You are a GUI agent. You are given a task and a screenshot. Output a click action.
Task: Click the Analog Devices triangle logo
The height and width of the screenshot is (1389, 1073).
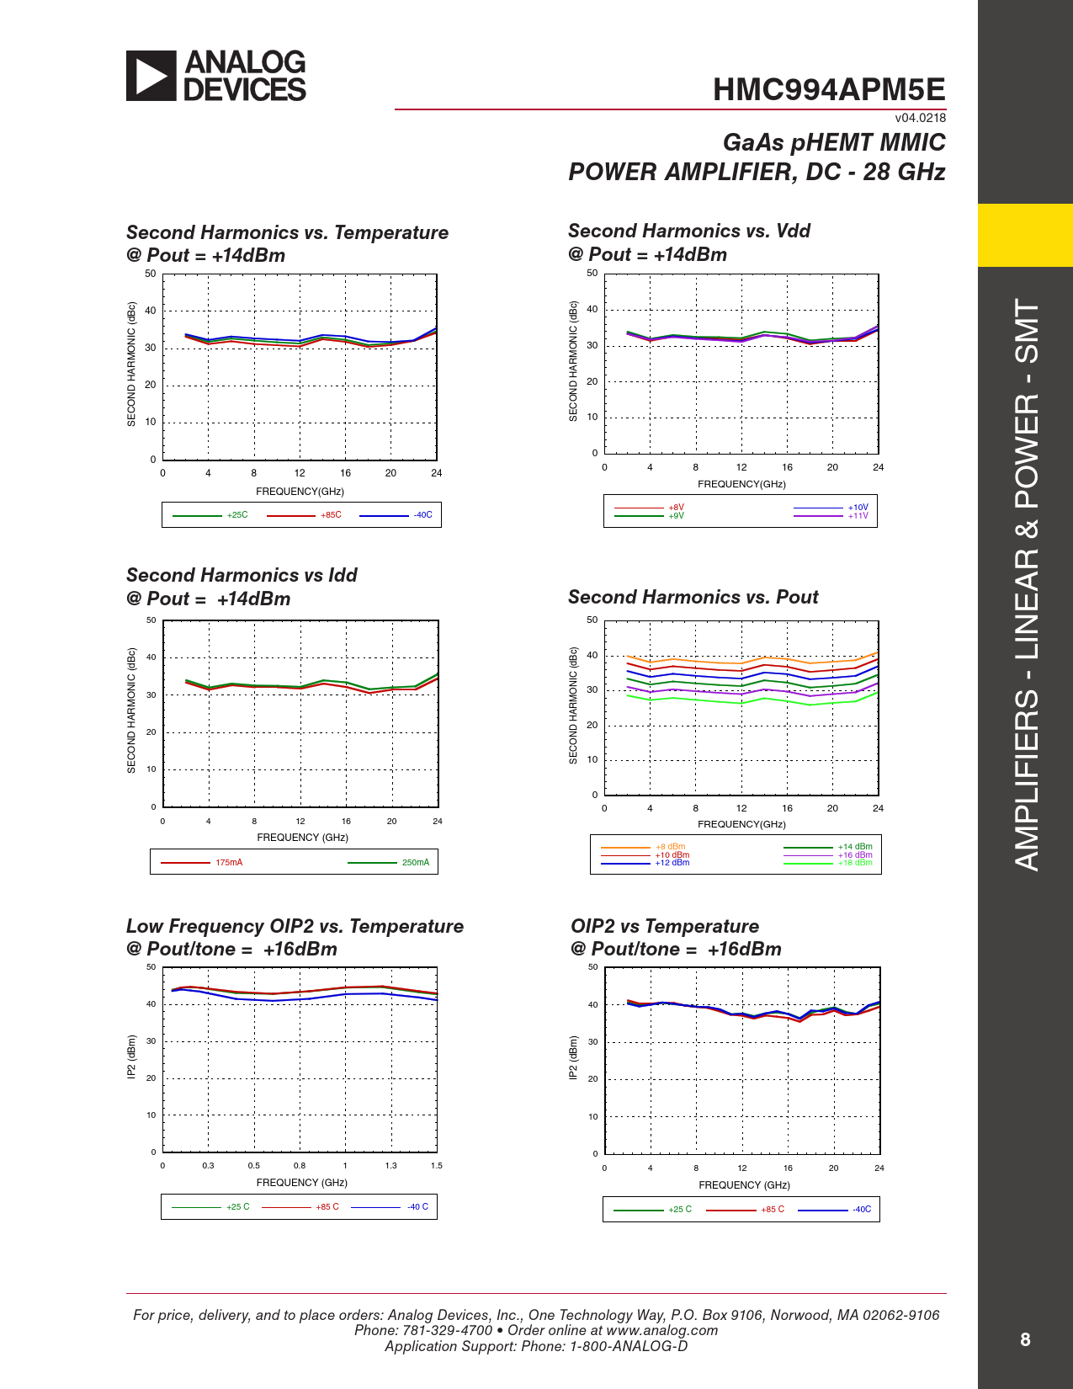[151, 76]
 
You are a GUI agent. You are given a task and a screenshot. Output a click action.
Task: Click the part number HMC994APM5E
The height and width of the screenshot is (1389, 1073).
[829, 90]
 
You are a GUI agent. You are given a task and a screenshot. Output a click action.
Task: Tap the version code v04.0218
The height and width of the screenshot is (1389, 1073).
[920, 118]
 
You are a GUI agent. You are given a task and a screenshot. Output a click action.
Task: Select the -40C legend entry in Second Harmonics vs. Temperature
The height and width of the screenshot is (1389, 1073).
[422, 515]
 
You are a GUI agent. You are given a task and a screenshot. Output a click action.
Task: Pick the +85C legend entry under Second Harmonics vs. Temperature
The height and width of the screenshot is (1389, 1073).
[331, 515]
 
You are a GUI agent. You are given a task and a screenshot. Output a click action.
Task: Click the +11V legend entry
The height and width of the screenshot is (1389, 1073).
[858, 515]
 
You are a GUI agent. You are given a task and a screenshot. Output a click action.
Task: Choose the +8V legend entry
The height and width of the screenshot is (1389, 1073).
[677, 508]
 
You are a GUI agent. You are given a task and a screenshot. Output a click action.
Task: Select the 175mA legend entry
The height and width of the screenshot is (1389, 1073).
[229, 863]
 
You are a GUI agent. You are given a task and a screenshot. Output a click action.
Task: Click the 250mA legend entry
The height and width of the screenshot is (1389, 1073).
[415, 863]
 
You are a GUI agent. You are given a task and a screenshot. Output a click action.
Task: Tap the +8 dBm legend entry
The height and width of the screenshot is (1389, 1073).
[670, 847]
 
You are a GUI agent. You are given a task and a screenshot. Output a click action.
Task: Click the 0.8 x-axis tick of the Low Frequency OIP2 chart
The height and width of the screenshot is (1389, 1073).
[300, 1166]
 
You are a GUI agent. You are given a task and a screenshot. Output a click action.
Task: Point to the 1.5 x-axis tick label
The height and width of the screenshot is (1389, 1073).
[437, 1166]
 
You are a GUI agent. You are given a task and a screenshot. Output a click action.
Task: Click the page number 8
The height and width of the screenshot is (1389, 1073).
[1025, 1340]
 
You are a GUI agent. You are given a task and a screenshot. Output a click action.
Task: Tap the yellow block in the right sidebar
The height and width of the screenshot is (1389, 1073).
[1025, 235]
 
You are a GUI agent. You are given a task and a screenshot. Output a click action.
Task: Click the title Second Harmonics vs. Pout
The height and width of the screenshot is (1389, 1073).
[693, 598]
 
